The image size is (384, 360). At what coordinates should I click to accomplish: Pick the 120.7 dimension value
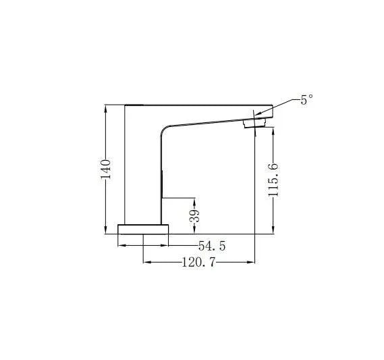198,263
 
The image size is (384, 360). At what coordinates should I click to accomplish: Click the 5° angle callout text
307,100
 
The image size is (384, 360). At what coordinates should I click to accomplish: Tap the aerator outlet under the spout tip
254,122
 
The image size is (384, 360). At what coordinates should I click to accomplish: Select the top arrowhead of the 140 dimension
105,107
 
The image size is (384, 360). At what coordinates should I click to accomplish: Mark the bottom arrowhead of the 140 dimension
105,230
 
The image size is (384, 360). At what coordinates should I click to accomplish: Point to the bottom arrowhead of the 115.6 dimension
273,230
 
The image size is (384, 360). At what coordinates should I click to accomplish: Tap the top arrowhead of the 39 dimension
195,201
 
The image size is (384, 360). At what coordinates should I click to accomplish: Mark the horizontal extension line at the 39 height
179,198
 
